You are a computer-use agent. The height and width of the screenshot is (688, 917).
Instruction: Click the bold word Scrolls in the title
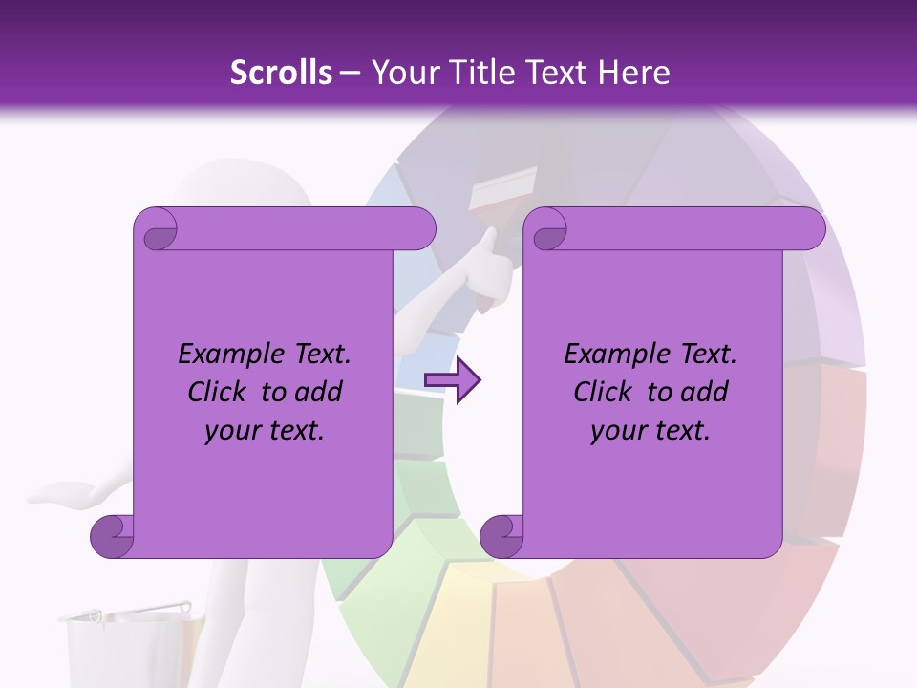pyautogui.click(x=281, y=72)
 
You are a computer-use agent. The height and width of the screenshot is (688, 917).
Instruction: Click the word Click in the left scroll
pyautogui.click(x=217, y=392)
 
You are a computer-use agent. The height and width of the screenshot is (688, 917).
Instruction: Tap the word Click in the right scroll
pyautogui.click(x=603, y=392)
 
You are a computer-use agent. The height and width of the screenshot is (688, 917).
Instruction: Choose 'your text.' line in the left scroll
pyautogui.click(x=265, y=430)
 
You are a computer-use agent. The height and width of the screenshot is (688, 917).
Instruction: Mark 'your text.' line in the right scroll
pyautogui.click(x=650, y=430)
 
